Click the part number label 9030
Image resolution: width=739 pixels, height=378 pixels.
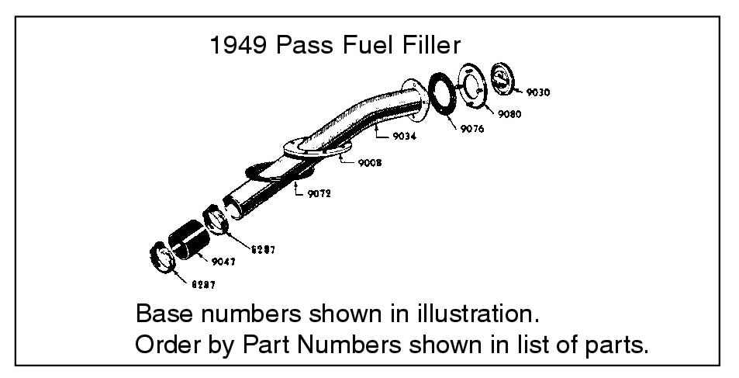537,92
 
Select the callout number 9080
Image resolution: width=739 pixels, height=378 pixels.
509,114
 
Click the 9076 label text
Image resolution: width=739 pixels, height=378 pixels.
471,129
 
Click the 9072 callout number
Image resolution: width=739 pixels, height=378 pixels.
317,194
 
